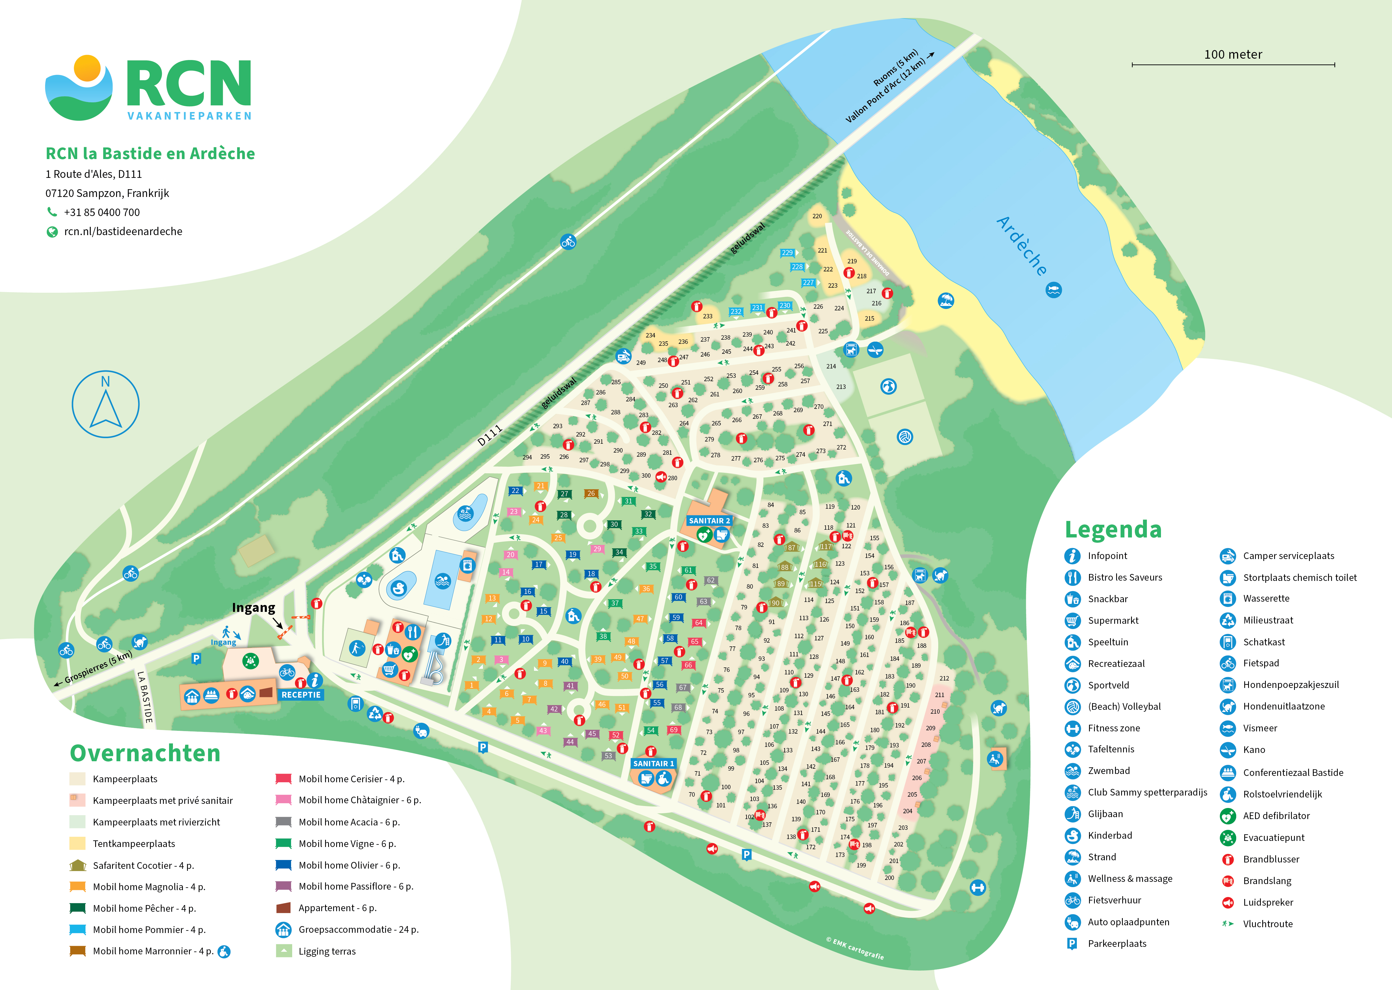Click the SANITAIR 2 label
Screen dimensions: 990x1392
click(x=709, y=521)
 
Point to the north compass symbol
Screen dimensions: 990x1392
click(x=105, y=404)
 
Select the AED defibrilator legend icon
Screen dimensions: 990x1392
click(x=1227, y=816)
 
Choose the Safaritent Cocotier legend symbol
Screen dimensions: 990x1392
click(x=77, y=865)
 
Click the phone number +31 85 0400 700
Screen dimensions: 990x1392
click(x=102, y=212)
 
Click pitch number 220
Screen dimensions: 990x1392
click(x=817, y=216)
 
